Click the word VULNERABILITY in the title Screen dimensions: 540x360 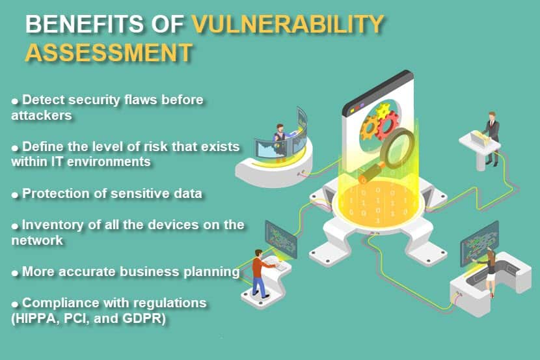pyautogui.click(x=288, y=24)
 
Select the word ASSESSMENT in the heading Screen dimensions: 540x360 pyautogui.click(x=109, y=52)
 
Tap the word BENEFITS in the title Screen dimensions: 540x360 pyautogui.click(x=85, y=24)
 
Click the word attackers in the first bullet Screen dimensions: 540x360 pyautogui.click(x=42, y=115)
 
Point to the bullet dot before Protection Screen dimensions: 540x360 pyautogui.click(x=15, y=195)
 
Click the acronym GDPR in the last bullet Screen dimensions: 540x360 pyautogui.click(x=144, y=318)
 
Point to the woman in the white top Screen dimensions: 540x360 pyautogui.click(x=490, y=273)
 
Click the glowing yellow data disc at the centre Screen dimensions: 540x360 pyautogui.click(x=377, y=202)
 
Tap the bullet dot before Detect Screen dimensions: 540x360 pyautogui.click(x=15, y=102)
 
